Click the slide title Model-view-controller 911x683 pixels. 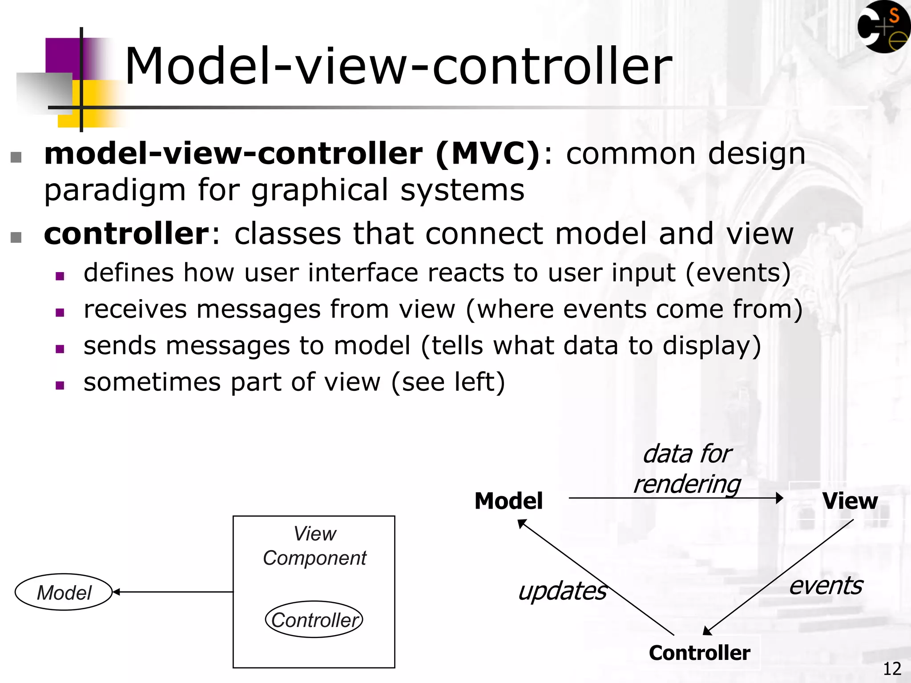click(398, 67)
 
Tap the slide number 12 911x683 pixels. click(891, 669)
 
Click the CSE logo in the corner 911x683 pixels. click(883, 27)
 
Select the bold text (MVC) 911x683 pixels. click(488, 154)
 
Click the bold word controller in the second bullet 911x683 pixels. click(126, 234)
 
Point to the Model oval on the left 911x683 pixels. click(64, 592)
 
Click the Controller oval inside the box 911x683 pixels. click(314, 620)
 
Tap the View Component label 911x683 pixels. click(314, 546)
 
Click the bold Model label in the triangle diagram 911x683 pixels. click(508, 501)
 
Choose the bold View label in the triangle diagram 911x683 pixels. click(850, 501)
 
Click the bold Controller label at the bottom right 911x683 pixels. click(699, 653)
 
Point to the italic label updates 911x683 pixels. click(562, 591)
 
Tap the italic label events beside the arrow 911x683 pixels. click(826, 586)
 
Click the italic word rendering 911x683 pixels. click(687, 484)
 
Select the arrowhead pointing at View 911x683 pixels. click(779, 498)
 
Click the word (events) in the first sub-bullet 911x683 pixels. click(738, 273)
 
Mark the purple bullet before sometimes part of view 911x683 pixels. click(60, 385)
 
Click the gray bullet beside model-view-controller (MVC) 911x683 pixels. click(16, 157)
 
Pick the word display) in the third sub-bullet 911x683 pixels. click(712, 346)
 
